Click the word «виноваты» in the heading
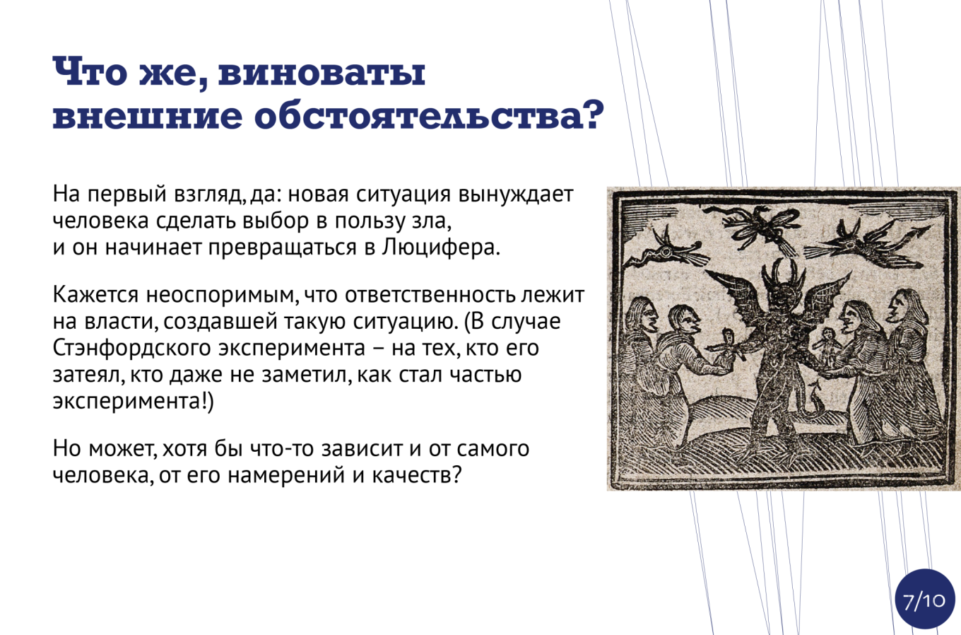[x=322, y=71]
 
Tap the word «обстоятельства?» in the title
[x=429, y=115]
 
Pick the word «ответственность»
[x=429, y=295]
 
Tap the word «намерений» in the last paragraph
[x=286, y=475]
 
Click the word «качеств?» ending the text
[x=417, y=474]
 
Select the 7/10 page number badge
[x=924, y=600]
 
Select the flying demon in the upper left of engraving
[x=666, y=253]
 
